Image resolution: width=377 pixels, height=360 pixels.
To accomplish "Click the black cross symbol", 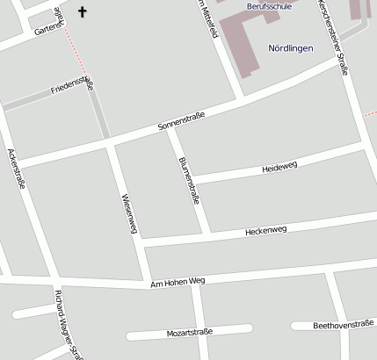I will tap(83, 12).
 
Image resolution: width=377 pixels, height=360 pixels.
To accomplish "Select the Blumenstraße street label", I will tap(189, 180).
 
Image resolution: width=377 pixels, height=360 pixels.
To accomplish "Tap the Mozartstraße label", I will tap(190, 333).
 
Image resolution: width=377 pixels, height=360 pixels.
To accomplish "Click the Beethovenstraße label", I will tap(344, 324).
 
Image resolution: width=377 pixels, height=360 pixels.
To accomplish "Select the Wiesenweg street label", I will tap(130, 213).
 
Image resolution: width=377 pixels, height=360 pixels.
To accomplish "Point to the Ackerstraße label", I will tap(17, 169).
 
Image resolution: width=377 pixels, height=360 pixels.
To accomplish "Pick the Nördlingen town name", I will tap(291, 47).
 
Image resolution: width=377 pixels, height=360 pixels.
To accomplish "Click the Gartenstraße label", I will tap(49, 30).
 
